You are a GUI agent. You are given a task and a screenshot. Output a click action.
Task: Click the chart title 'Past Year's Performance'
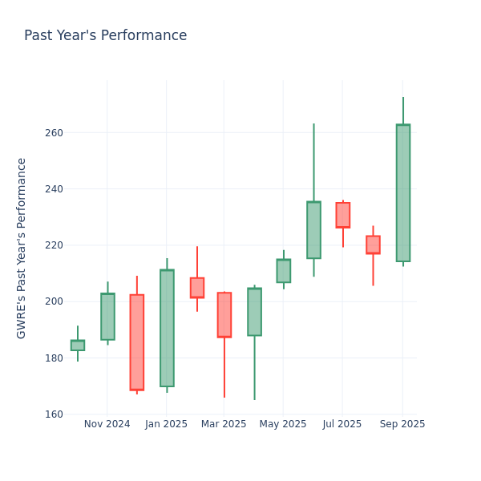point(105,36)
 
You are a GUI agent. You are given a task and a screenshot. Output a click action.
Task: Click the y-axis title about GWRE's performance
point(22,248)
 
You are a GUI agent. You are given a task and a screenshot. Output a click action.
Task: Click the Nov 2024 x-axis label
point(107,424)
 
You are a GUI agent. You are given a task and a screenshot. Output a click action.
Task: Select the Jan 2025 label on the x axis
point(166,424)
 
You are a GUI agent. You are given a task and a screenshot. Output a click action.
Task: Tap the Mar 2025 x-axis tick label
point(224,424)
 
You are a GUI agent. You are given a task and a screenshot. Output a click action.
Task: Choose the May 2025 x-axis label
point(283,424)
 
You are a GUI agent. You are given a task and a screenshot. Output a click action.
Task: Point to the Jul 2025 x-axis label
point(342,424)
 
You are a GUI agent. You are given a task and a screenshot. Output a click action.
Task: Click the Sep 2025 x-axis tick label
point(402,424)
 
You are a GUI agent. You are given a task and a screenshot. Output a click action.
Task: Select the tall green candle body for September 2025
point(402,192)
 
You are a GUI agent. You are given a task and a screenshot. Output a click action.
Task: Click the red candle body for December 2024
point(137,342)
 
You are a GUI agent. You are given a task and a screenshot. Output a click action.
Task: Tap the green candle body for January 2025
point(167,328)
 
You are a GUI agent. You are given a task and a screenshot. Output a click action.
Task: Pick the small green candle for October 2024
point(78,346)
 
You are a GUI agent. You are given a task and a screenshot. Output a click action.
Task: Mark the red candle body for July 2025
point(342,215)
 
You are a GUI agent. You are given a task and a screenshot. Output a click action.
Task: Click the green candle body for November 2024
point(107,317)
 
